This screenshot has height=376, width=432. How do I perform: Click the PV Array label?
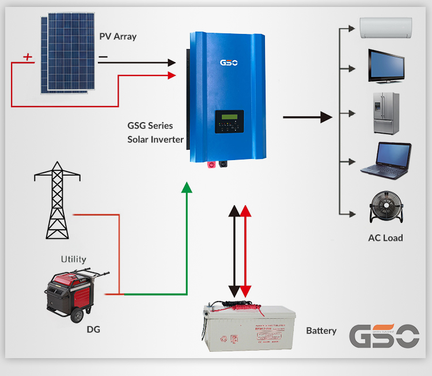pos(118,37)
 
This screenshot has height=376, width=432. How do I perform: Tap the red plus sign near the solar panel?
pos(27,57)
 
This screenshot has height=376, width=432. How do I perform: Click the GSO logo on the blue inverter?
pos(229,62)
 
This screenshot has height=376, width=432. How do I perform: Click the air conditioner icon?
pos(386,26)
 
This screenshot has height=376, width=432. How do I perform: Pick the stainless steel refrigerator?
pos(386,113)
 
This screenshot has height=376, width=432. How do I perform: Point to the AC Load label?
pos(385,238)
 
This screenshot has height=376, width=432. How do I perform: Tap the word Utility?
pos(74,259)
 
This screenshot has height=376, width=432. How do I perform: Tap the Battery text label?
pos(321,331)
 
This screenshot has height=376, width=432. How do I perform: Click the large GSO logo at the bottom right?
pos(384,336)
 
